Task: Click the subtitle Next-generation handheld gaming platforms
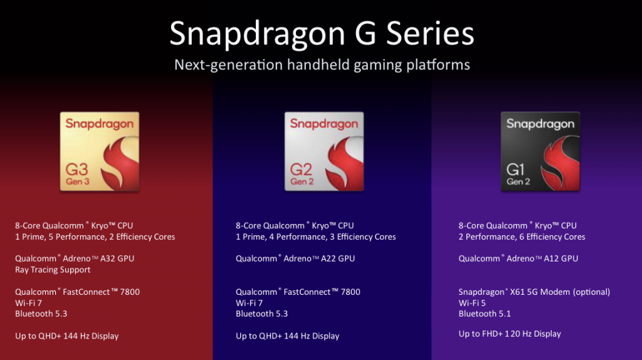point(322,65)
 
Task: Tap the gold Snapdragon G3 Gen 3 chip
point(100,152)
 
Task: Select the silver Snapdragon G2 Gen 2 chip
point(324,152)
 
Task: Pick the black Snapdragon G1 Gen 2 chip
point(540,152)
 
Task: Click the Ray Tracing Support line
point(53,270)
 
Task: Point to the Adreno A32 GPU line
point(75,258)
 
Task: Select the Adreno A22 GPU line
point(295,258)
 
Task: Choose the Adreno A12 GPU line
point(518,258)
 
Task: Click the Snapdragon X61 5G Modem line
point(534,292)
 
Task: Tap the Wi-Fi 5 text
point(472,303)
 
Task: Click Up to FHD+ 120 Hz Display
point(510,334)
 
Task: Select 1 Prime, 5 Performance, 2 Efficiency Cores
point(95,237)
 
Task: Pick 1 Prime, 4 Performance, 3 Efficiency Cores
point(316,237)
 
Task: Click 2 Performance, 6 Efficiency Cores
point(522,237)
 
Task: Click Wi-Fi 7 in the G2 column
point(249,303)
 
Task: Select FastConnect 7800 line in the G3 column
point(78,292)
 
